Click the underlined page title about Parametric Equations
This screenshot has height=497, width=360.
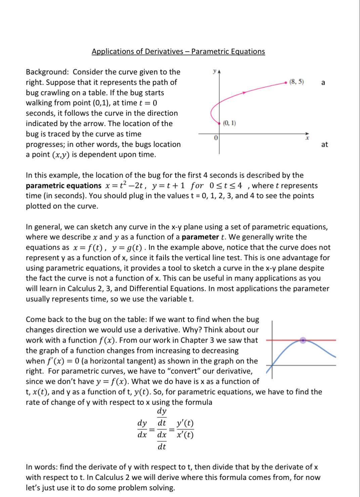[x=178, y=51]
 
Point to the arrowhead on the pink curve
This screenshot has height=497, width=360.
[x=244, y=92]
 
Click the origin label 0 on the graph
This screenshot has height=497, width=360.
[x=216, y=138]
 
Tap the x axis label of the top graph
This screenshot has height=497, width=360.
[x=307, y=138]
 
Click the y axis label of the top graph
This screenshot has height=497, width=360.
[x=215, y=71]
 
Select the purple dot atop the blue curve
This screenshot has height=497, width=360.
[x=303, y=340]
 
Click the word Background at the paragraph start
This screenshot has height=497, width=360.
[x=47, y=72]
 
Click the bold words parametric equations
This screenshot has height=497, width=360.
[x=63, y=186]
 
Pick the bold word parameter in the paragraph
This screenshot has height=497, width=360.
[x=200, y=237]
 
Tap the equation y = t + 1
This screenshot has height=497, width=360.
[x=168, y=186]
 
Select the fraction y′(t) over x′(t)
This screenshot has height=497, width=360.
[x=185, y=429]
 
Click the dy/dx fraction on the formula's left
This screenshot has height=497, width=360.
[x=142, y=429]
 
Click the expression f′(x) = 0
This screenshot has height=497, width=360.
[x=59, y=361]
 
